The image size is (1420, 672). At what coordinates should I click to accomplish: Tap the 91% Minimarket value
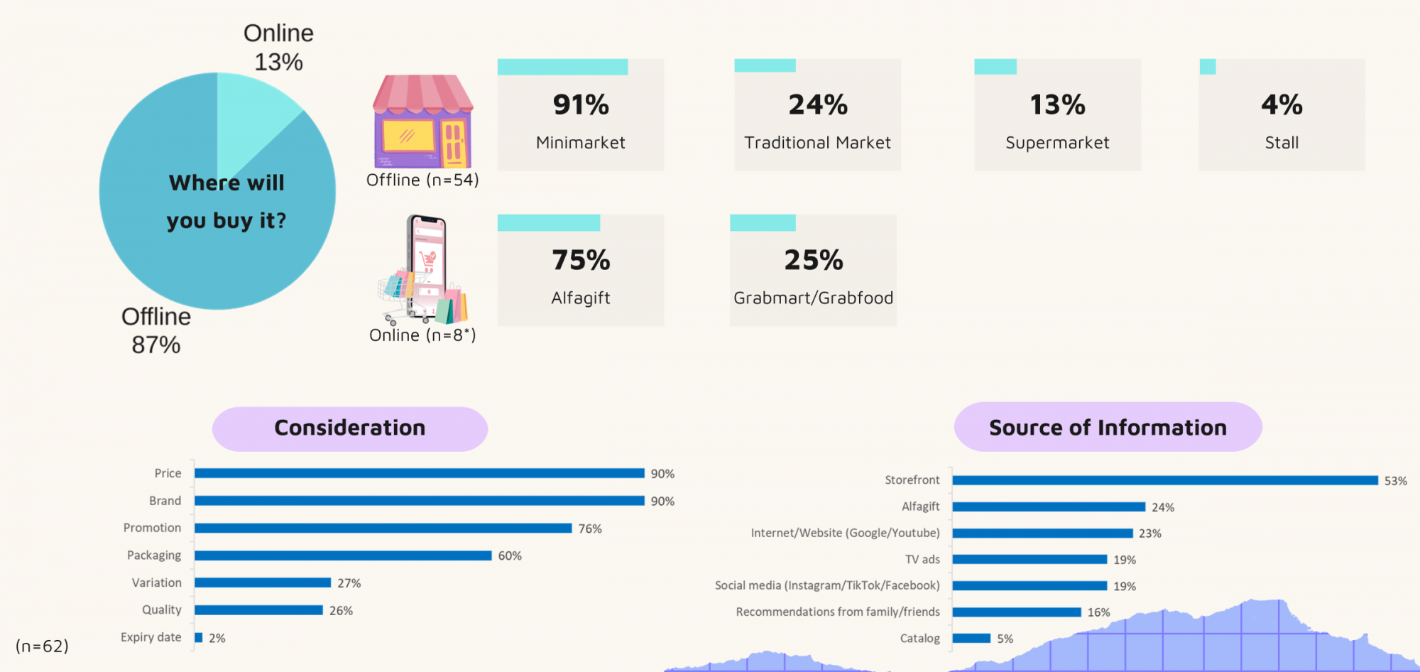(581, 105)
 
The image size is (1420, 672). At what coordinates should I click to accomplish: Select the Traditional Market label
(817, 143)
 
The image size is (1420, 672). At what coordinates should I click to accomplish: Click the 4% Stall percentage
(1282, 105)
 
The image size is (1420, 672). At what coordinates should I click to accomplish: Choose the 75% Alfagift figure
(581, 260)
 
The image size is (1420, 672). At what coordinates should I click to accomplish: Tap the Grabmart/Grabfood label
(813, 298)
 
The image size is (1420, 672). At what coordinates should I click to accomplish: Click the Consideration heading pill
(350, 428)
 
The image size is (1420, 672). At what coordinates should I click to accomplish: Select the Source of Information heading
(1108, 428)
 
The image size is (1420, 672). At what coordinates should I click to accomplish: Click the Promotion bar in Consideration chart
(383, 528)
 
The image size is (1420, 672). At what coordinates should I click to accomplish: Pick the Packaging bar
(343, 556)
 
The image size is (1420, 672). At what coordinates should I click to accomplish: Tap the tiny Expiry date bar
(199, 638)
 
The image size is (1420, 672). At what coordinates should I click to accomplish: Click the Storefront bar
(1164, 480)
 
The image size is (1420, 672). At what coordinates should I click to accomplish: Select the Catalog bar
(971, 638)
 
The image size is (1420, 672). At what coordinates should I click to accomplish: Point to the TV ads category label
(922, 560)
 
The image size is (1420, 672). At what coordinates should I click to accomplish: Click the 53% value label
(1395, 481)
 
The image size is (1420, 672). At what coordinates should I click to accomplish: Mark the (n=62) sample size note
(42, 646)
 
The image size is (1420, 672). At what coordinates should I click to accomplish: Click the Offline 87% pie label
(156, 330)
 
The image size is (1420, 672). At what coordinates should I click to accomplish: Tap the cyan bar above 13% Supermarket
(995, 67)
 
